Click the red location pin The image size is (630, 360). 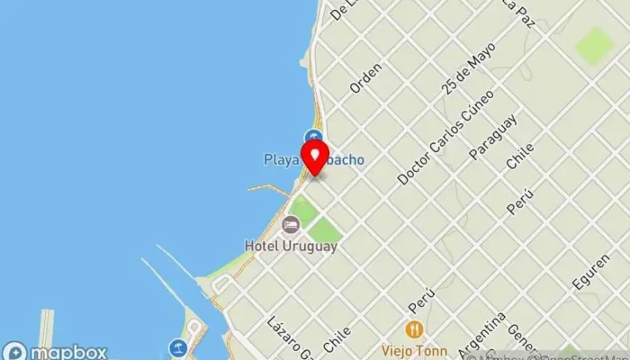click(315, 158)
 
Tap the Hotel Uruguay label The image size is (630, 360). click(291, 245)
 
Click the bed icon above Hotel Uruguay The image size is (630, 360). click(290, 224)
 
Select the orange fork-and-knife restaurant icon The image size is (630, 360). click(415, 328)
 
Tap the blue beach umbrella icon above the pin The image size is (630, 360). click(314, 138)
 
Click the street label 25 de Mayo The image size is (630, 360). click(469, 68)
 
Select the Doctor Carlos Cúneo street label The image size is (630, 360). click(446, 136)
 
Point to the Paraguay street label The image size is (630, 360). click(493, 137)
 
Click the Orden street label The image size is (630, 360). click(366, 77)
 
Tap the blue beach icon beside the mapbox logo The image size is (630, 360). click(178, 347)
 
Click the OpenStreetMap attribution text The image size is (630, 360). click(576, 354)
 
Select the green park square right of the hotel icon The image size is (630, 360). click(323, 231)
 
